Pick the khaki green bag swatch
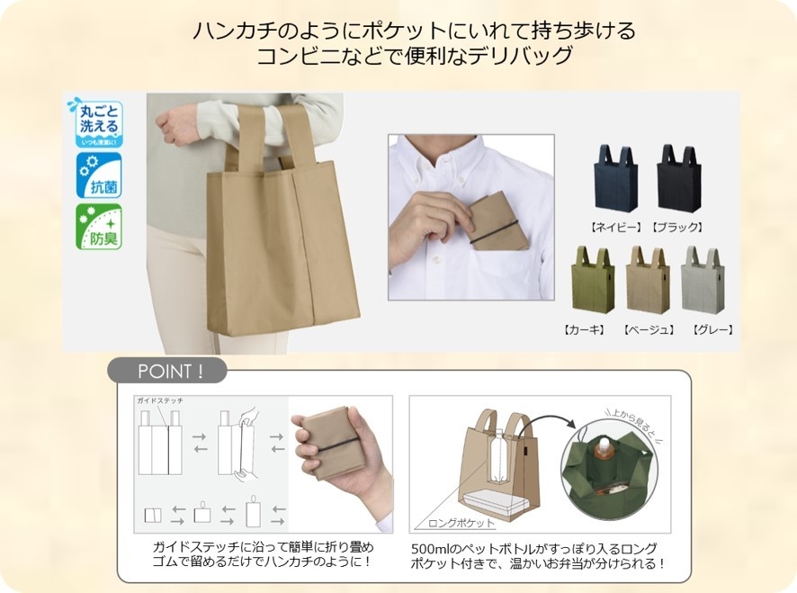(593, 281)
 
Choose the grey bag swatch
(703, 281)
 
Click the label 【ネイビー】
(616, 227)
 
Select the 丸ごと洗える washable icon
(97, 123)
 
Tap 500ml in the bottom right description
(427, 548)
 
